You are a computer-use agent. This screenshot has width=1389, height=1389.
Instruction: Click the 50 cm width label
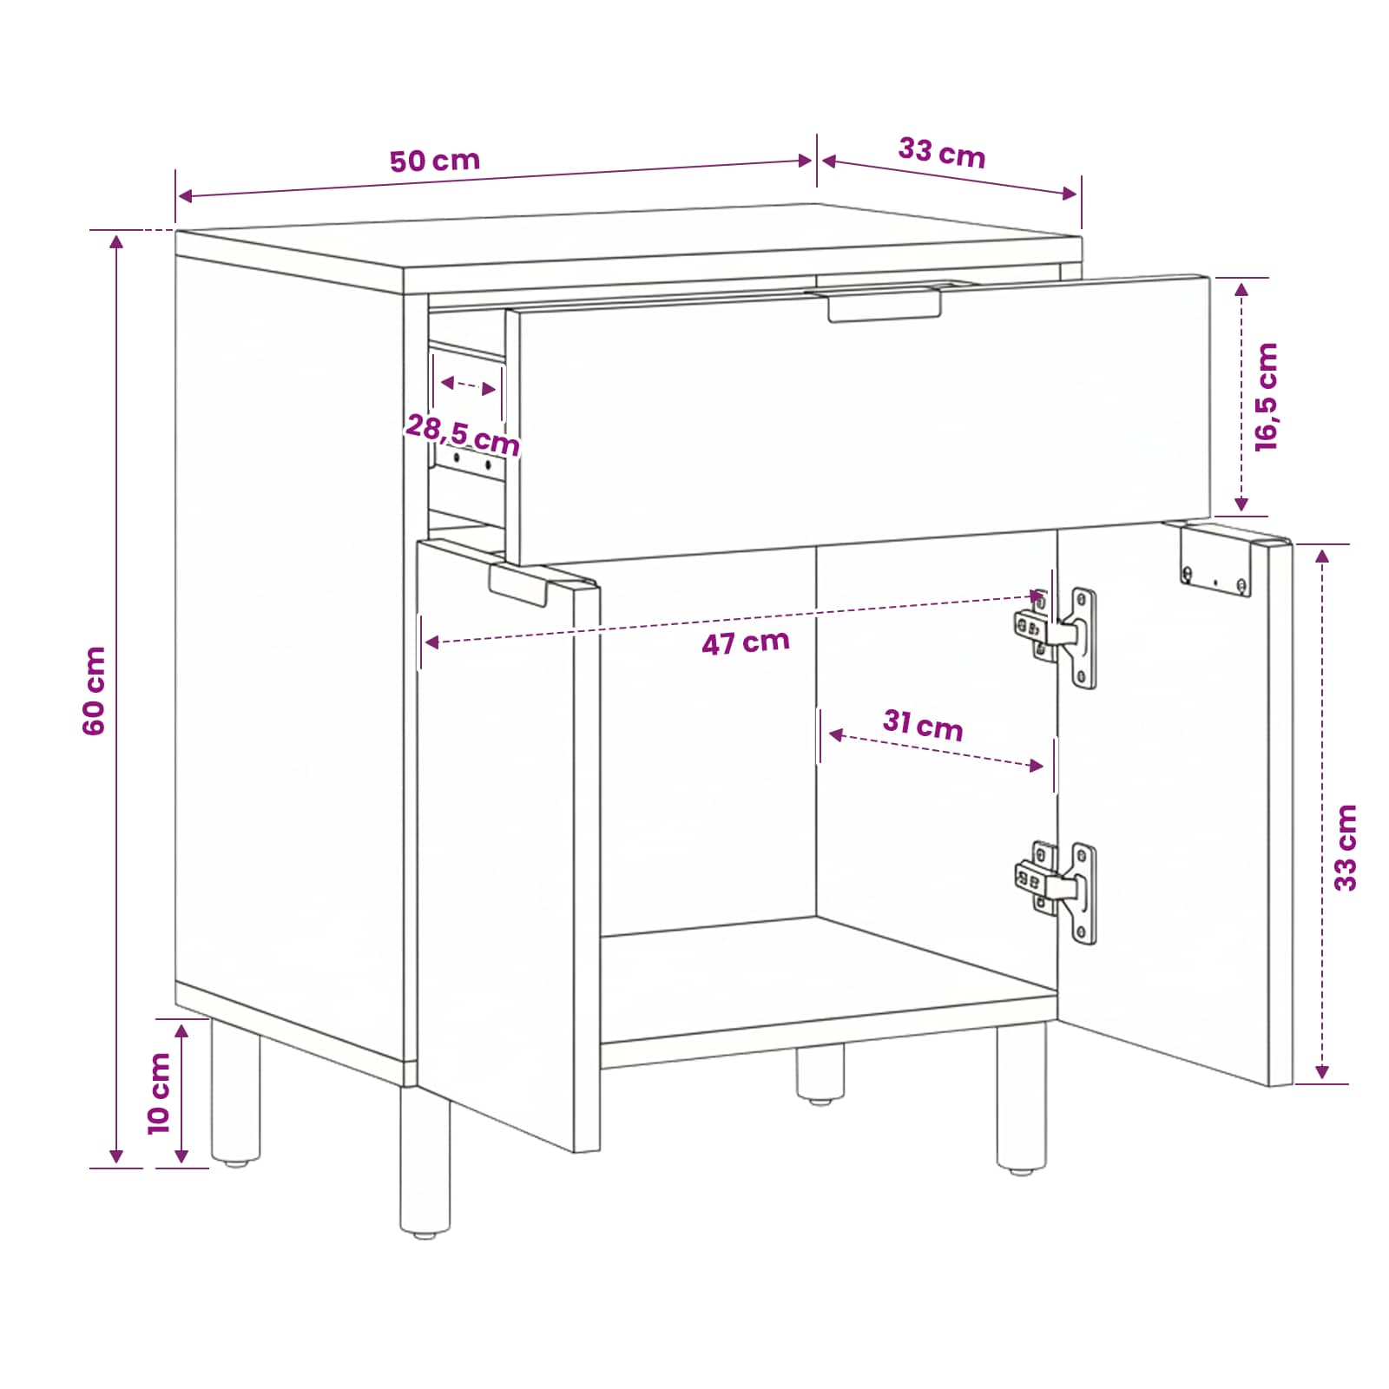click(x=434, y=161)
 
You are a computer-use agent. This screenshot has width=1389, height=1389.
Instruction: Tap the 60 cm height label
click(x=94, y=691)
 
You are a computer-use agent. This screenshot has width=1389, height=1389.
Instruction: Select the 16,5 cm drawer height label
click(x=1267, y=397)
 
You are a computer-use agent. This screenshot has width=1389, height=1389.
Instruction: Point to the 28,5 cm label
click(x=463, y=434)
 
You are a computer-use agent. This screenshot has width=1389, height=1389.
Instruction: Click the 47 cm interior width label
click(x=746, y=642)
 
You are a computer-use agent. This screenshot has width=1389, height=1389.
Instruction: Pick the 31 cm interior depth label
click(x=923, y=725)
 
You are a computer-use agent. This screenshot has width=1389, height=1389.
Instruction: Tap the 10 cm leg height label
click(x=159, y=1093)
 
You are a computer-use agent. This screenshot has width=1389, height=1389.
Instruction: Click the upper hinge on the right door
click(x=1056, y=637)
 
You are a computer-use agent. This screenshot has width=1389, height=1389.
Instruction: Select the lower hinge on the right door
click(x=1056, y=892)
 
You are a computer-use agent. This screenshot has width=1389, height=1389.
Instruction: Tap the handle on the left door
click(x=518, y=586)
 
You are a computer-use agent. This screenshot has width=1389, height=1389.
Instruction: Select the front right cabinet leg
click(x=1021, y=1098)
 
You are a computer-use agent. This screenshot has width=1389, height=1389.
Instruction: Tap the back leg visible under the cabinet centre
click(x=820, y=1074)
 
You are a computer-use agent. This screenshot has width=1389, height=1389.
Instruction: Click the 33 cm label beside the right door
click(x=1345, y=847)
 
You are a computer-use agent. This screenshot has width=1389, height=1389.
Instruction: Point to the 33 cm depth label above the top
click(x=942, y=153)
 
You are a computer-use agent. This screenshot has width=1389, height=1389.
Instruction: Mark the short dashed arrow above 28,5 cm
click(x=469, y=386)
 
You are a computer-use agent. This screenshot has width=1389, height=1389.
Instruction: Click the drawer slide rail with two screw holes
click(x=471, y=463)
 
